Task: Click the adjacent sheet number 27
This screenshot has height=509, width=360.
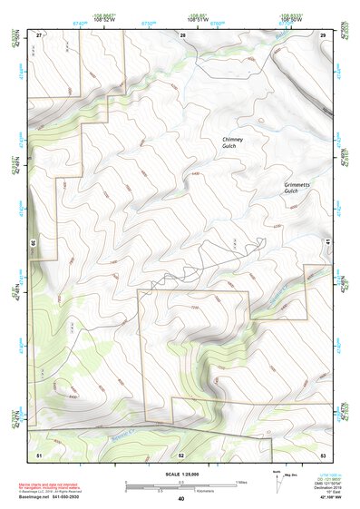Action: coord(39,34)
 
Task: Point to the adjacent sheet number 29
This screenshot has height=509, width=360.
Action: coord(323,34)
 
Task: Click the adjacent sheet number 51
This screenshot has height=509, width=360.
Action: coord(39,453)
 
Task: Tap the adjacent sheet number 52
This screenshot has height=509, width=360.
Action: coord(180,453)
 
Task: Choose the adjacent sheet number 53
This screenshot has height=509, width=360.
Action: coord(322,453)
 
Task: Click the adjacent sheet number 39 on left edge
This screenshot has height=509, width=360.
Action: coord(33,243)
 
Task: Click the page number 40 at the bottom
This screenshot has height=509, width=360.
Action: coord(180,498)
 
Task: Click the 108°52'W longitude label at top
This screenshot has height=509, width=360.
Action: coord(102,17)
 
